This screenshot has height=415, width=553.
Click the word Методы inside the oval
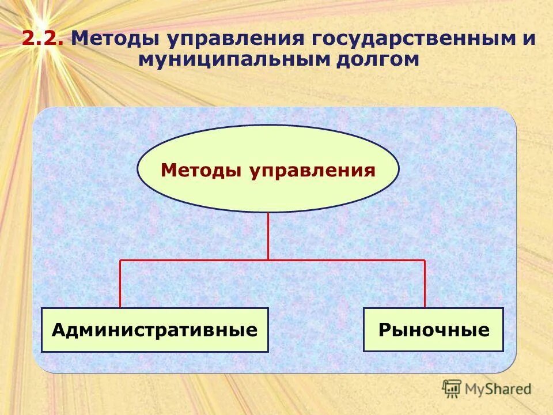point(201,170)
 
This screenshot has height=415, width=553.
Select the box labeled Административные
point(155,330)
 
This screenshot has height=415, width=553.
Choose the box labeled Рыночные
point(433,330)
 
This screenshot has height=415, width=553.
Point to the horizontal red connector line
point(196,260)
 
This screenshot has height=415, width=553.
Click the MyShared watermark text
point(498,389)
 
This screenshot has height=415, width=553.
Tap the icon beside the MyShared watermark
point(452,388)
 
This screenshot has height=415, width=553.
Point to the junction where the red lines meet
point(268,260)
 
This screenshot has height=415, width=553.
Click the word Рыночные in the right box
point(433,330)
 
